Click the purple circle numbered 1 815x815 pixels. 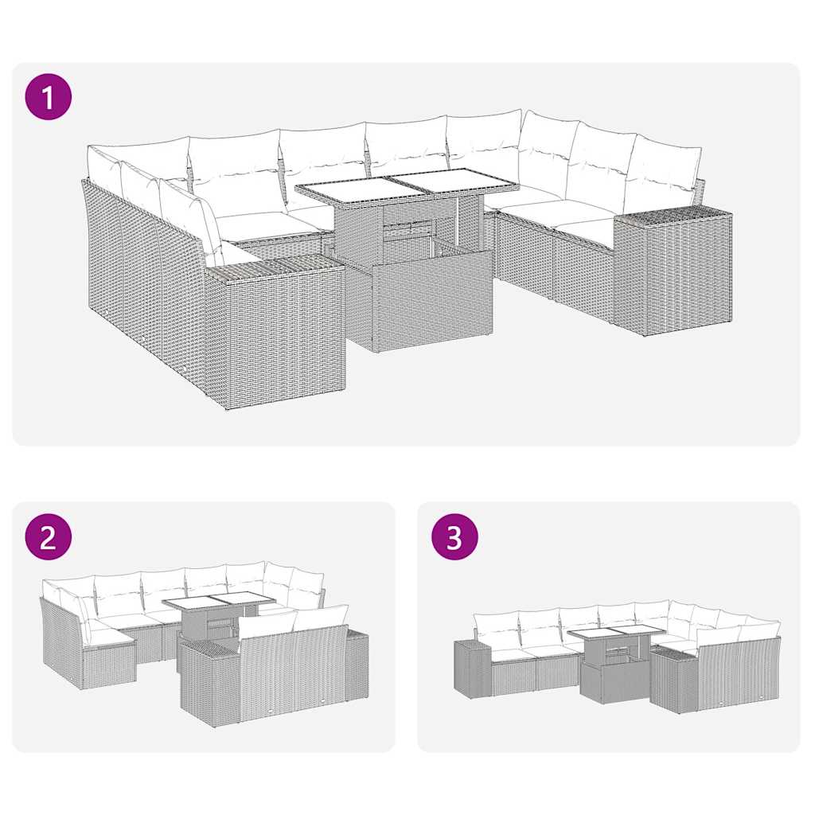(x=49, y=97)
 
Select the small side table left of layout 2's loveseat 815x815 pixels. (x=209, y=680)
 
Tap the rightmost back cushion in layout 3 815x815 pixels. (x=760, y=632)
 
